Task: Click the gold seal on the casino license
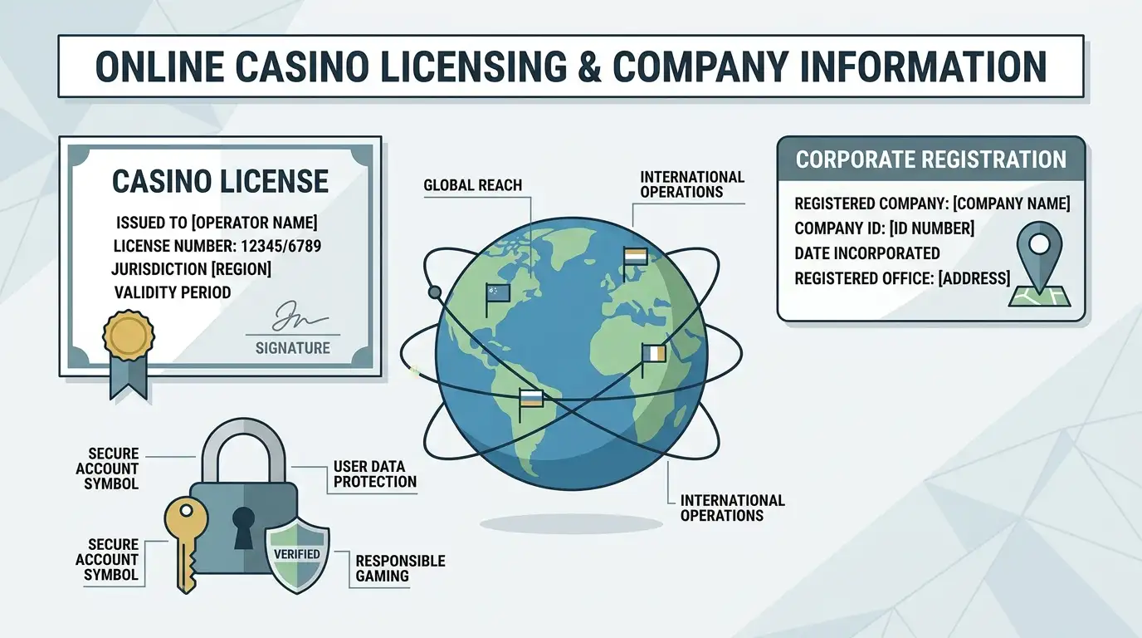click(x=129, y=336)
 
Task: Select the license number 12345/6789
click(x=281, y=246)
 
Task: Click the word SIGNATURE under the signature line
click(x=293, y=348)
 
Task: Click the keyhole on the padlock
click(x=243, y=528)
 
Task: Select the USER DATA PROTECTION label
click(x=375, y=474)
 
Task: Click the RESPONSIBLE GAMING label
click(x=400, y=568)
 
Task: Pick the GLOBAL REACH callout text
click(x=472, y=184)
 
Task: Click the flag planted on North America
click(x=497, y=300)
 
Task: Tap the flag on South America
click(x=530, y=405)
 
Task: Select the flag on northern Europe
click(x=635, y=263)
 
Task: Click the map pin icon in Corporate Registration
click(x=1039, y=264)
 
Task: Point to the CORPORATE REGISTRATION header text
click(x=931, y=159)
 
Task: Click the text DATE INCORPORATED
click(x=867, y=253)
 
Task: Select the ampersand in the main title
click(x=589, y=66)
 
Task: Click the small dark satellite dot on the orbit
click(x=434, y=292)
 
